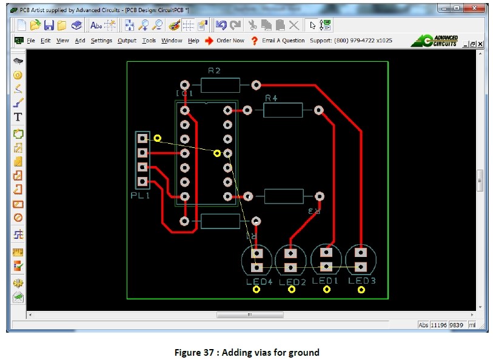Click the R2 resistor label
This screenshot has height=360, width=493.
click(214, 71)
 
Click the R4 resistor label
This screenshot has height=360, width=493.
click(271, 97)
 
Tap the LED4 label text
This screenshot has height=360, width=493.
click(257, 282)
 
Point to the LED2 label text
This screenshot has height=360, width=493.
click(292, 282)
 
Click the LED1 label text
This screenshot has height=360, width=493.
click(326, 281)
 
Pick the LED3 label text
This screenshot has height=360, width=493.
click(362, 281)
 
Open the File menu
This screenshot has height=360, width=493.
click(31, 41)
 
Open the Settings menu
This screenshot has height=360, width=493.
click(101, 41)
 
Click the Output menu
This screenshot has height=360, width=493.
click(127, 41)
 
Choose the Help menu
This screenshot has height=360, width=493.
click(193, 41)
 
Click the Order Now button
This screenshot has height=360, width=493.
click(230, 41)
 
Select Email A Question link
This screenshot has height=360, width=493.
click(283, 41)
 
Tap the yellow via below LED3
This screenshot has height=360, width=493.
click(362, 290)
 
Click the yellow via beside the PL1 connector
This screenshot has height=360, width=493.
click(158, 138)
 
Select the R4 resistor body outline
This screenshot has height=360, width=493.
click(282, 110)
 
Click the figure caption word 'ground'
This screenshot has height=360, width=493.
click(304, 352)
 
